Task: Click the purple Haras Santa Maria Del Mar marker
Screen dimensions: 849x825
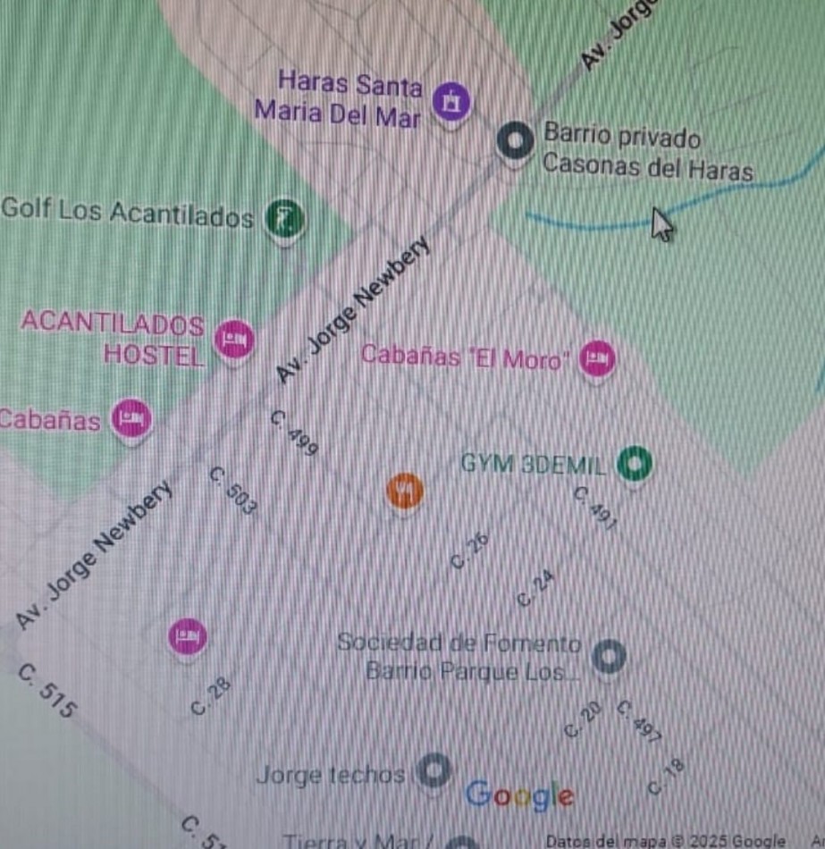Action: tap(451, 100)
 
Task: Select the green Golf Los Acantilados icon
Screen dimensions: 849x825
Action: tap(285, 218)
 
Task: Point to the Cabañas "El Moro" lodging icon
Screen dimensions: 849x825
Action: tap(597, 358)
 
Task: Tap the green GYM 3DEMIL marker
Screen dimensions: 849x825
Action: tap(635, 463)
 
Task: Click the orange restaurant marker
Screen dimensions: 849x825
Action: tap(405, 490)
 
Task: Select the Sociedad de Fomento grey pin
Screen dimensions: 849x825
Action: tap(609, 657)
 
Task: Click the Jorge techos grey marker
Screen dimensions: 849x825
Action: tap(434, 770)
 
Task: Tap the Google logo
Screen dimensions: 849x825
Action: tap(519, 794)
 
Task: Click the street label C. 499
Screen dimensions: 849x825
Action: tap(295, 434)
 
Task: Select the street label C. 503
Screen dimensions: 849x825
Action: tap(234, 492)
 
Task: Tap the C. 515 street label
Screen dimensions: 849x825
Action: tap(47, 691)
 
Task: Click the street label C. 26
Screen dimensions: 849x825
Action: tap(470, 551)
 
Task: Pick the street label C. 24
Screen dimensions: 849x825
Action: tap(535, 589)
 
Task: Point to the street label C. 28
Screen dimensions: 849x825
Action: tap(211, 696)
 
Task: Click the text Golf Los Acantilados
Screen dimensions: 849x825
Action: tap(128, 213)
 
